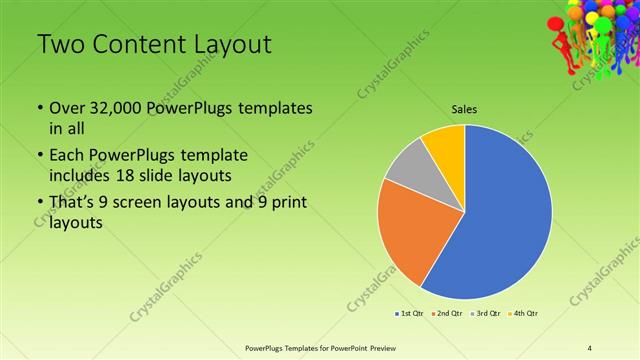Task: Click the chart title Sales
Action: coord(464,108)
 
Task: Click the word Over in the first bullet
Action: coord(67,108)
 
